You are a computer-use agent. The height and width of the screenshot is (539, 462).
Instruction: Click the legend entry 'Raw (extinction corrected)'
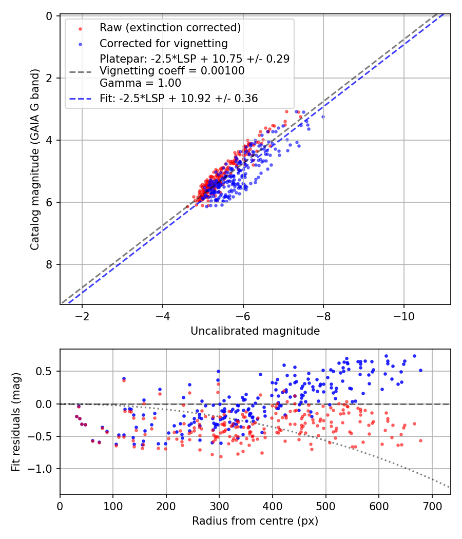click(170, 28)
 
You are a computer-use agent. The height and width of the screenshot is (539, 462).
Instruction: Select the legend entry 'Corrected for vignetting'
click(163, 43)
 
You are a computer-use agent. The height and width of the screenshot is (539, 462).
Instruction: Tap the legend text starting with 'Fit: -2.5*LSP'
click(179, 98)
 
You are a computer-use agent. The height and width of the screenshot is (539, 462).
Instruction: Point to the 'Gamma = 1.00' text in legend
click(140, 83)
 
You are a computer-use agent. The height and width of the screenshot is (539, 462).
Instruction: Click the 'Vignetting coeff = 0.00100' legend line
click(172, 71)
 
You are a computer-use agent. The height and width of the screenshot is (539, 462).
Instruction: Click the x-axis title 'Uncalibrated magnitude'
click(255, 331)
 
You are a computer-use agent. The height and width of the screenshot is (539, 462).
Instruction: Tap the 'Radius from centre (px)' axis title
click(255, 521)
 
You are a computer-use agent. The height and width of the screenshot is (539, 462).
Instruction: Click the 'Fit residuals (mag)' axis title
click(16, 421)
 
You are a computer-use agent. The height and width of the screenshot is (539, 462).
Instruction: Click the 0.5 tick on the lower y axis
click(47, 371)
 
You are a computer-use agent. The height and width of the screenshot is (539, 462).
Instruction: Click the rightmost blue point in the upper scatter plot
click(323, 117)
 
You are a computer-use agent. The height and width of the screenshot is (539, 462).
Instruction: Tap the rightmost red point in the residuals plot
click(420, 440)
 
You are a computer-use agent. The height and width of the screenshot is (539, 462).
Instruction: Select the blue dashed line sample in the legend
click(80, 98)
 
